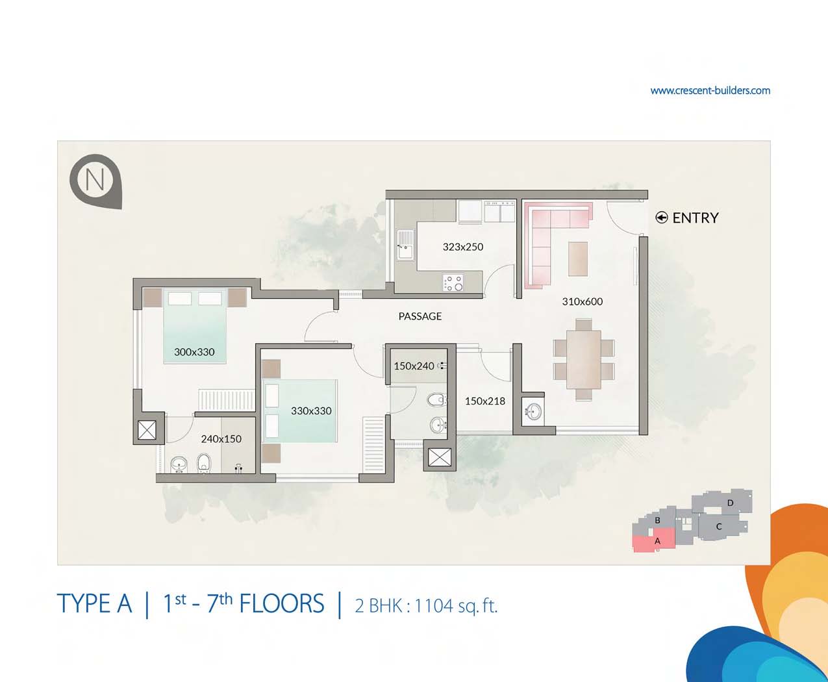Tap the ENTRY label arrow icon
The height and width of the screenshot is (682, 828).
click(661, 218)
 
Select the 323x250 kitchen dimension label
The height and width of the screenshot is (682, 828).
click(463, 247)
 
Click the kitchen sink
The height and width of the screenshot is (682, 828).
click(405, 245)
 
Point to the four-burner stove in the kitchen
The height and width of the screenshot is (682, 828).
click(453, 283)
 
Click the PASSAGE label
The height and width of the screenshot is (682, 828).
click(420, 316)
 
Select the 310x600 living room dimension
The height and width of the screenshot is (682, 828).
click(582, 301)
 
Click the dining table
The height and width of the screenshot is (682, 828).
click(584, 359)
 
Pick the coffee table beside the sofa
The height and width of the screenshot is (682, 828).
click(578, 259)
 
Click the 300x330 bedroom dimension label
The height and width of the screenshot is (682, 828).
click(194, 352)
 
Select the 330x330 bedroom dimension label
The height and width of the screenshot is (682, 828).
click(311, 410)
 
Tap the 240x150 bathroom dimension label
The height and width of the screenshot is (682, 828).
click(221, 439)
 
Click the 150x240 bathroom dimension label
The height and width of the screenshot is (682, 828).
click(414, 366)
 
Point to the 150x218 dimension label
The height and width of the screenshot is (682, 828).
click(485, 401)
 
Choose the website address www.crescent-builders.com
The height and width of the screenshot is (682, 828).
click(710, 90)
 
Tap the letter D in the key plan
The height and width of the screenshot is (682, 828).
click(730, 503)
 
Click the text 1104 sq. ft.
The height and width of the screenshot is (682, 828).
click(456, 605)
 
